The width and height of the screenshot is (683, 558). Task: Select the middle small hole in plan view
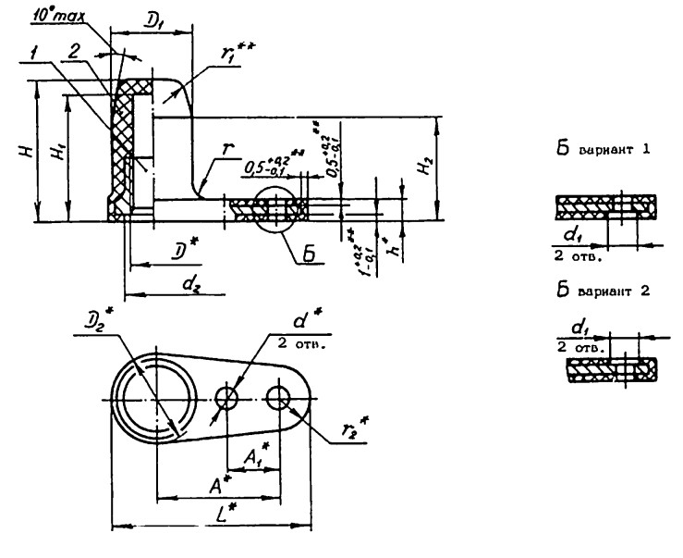(x=227, y=398)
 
